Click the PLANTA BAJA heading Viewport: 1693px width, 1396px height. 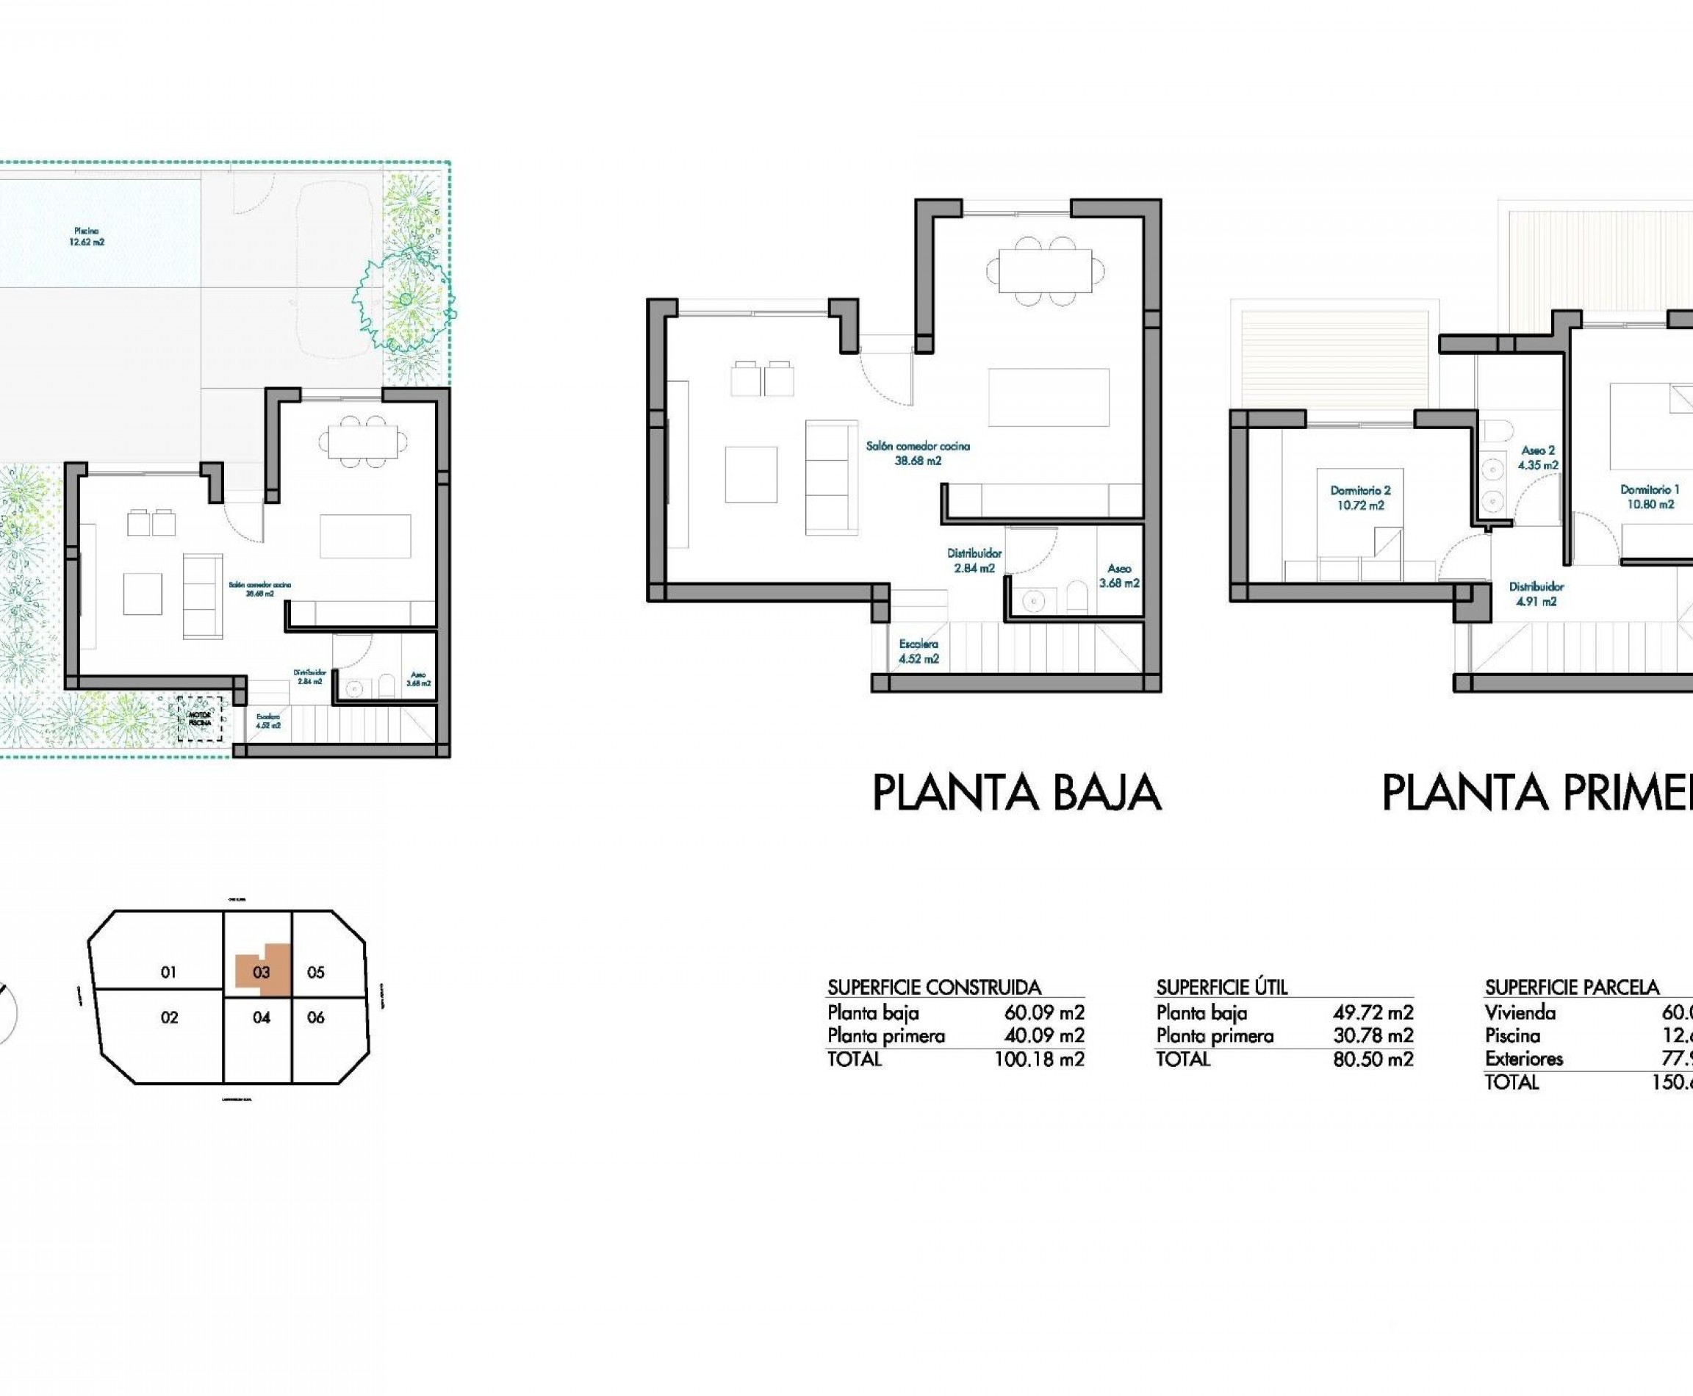[x=1016, y=793]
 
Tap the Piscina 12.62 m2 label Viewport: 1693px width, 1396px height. [x=86, y=237]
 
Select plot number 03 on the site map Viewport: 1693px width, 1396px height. [x=262, y=972]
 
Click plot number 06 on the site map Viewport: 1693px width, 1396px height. [x=316, y=1018]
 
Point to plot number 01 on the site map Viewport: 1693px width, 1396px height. [x=168, y=972]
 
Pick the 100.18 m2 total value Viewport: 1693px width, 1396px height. [x=1038, y=1059]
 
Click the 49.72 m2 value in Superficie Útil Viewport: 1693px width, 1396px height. [x=1372, y=1012]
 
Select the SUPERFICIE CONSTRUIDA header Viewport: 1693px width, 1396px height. [x=934, y=987]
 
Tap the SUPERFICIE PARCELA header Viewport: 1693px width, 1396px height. [x=1572, y=987]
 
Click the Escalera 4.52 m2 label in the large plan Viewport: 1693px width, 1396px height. [x=919, y=652]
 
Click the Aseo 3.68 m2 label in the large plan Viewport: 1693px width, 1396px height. [x=1119, y=576]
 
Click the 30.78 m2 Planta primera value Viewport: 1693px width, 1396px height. [x=1372, y=1036]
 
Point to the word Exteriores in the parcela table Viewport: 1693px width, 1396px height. [x=1523, y=1058]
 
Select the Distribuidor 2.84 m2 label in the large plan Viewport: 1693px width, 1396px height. [x=974, y=561]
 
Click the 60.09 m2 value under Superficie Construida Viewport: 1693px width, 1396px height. [x=1043, y=1012]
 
